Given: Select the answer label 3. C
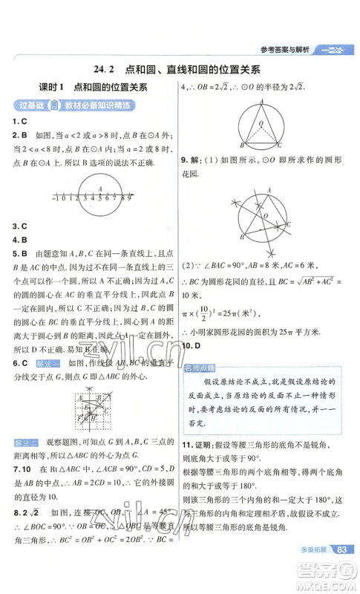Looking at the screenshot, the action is click(x=20, y=226).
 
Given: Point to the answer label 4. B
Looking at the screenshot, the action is click(x=20, y=240).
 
